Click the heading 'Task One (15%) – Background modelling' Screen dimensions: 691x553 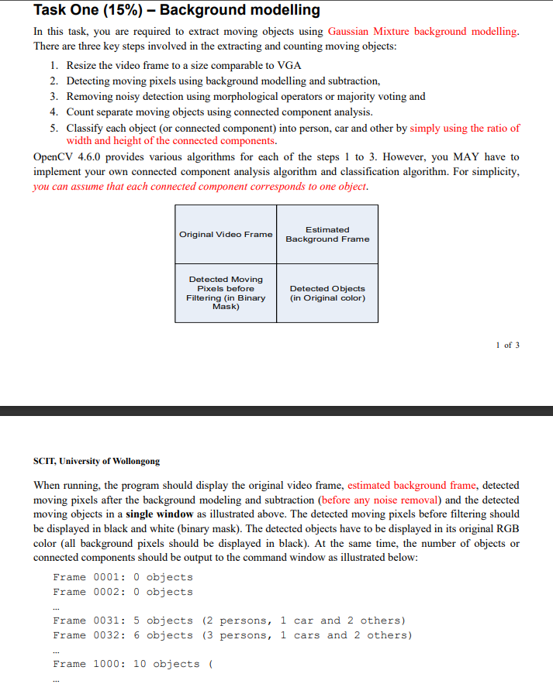[177, 10]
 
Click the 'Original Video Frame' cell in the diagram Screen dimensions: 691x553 [226, 235]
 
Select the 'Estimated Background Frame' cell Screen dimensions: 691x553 [327, 235]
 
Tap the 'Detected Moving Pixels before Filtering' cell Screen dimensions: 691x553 [226, 293]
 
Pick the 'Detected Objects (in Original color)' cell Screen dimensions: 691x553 [327, 293]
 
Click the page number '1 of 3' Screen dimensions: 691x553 [507, 345]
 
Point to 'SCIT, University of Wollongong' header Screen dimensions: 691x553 [97, 461]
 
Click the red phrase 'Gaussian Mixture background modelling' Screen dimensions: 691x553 [423, 32]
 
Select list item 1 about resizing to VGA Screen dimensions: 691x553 [183, 65]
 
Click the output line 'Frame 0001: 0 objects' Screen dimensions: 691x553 [123, 577]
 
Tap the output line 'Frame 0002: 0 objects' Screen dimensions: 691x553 [123, 592]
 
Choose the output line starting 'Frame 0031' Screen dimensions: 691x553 [229, 621]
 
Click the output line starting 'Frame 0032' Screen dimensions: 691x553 [232, 635]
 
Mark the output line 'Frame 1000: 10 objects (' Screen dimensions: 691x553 [133, 664]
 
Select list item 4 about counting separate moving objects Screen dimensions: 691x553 [219, 112]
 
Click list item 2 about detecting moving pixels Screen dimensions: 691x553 [223, 81]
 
